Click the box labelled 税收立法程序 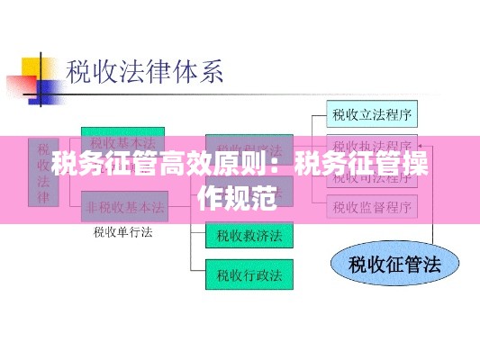click(373, 114)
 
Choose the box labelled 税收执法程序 click(373, 145)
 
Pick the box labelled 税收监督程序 click(373, 207)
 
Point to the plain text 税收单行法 click(123, 232)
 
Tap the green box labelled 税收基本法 click(124, 142)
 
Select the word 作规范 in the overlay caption click(239, 198)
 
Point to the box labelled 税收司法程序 click(373, 176)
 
